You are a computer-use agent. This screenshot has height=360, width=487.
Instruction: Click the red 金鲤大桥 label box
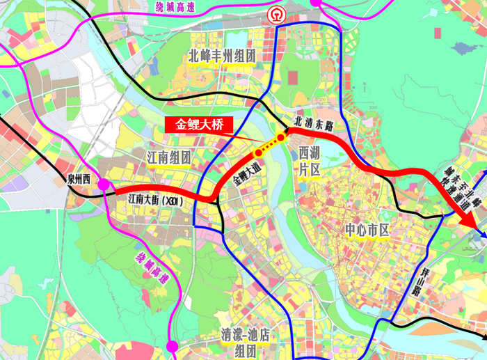point(198,125)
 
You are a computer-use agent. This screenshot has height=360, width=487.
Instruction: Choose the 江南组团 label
point(168,157)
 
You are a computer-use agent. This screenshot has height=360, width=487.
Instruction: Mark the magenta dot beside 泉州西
point(104,185)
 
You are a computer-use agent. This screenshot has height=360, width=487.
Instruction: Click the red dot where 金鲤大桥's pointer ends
point(258,151)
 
